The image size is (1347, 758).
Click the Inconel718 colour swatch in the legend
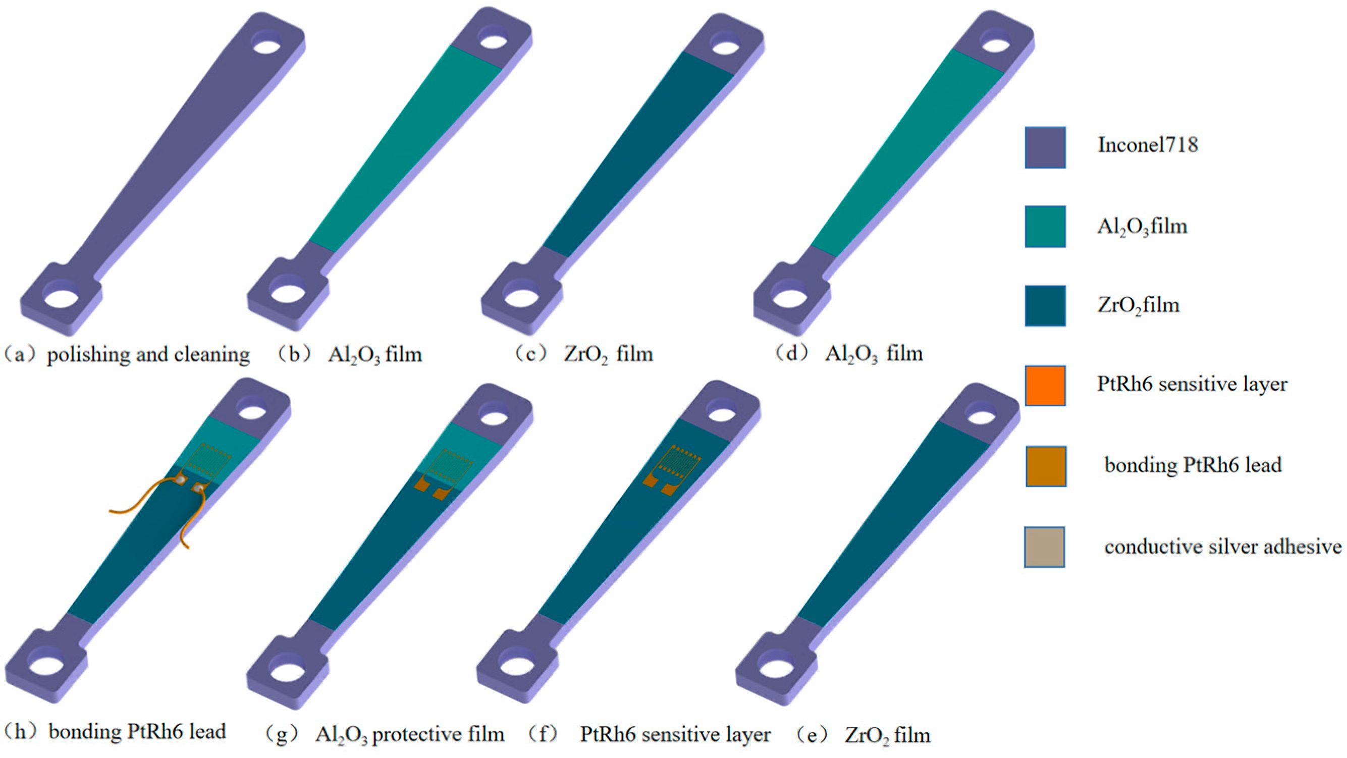click(x=1045, y=147)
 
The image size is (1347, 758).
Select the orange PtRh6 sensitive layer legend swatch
click(x=1045, y=386)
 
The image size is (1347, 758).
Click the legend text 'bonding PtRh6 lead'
click(x=1193, y=465)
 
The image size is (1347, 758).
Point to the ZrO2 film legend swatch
click(x=1045, y=306)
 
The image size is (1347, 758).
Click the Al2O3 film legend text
click(x=1142, y=227)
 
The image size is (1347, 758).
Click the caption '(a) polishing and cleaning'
click(x=127, y=354)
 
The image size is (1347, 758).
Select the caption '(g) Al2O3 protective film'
click(x=385, y=735)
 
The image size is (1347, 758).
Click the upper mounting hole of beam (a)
click(x=267, y=43)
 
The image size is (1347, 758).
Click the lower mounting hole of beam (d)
click(x=788, y=298)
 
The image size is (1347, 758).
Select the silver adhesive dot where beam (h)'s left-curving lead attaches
click(x=180, y=479)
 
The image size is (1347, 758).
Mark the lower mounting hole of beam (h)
click(x=46, y=665)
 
